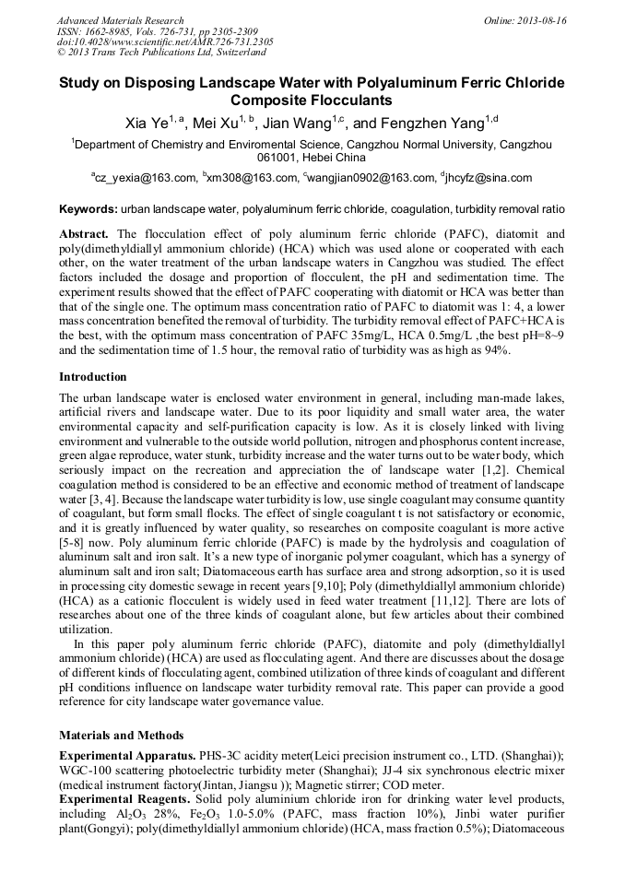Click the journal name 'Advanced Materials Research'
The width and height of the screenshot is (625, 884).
[121, 20]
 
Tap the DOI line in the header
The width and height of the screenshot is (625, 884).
[165, 42]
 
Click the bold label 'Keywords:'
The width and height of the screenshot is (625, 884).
[88, 211]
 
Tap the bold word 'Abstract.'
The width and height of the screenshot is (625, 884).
[86, 235]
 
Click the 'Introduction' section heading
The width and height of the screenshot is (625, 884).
[93, 377]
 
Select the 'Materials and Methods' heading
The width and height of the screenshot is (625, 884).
[121, 736]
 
